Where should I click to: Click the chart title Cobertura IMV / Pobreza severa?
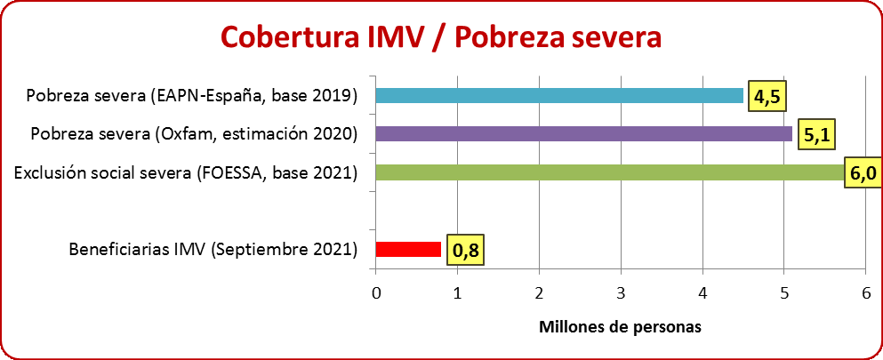(441, 37)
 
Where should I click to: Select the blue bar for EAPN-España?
(559, 95)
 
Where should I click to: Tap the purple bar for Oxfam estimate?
(583, 134)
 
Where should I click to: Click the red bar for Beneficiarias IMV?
(408, 249)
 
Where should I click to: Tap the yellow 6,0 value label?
(863, 173)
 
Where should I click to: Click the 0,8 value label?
(465, 251)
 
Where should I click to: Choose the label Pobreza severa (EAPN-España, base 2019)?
(192, 95)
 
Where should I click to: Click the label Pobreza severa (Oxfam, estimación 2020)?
(194, 134)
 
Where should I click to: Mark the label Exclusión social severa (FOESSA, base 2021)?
(186, 172)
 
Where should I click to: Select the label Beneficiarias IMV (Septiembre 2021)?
(213, 249)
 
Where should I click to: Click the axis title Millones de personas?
(620, 326)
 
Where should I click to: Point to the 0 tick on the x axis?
(376, 292)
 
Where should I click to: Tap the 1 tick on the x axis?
(458, 292)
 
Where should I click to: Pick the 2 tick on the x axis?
(540, 292)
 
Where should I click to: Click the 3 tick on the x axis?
(621, 292)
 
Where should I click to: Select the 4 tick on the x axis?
(702, 292)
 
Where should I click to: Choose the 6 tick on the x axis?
(865, 292)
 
